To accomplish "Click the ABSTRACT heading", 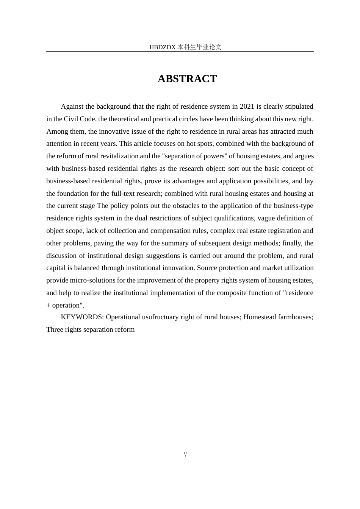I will pyautogui.click(x=187, y=79).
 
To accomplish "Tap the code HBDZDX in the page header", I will pyautogui.click(x=163, y=47).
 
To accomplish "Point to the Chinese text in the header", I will pyautogui.click(x=199, y=47).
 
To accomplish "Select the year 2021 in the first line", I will pyautogui.click(x=247, y=106).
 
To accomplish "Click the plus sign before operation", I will pyautogui.click(x=48, y=305).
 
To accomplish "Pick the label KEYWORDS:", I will pyautogui.click(x=82, y=317).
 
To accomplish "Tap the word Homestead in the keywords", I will pyautogui.click(x=260, y=317).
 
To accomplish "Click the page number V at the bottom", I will pyautogui.click(x=185, y=454).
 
